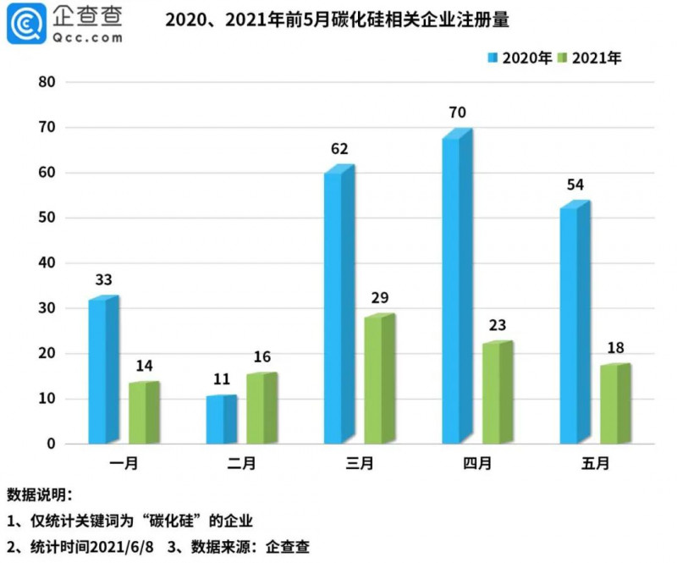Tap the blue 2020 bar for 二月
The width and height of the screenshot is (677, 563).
(220, 420)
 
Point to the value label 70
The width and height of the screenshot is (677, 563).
(459, 113)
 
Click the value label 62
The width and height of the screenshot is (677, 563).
(339, 150)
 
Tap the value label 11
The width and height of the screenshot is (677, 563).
(221, 380)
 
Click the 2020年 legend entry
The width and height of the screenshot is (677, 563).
(520, 58)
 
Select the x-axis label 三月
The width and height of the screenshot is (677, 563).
(359, 463)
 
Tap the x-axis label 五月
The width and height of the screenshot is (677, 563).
(594, 463)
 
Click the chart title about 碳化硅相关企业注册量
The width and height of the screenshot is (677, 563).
(342, 18)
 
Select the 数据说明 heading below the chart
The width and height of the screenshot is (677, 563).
(40, 494)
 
